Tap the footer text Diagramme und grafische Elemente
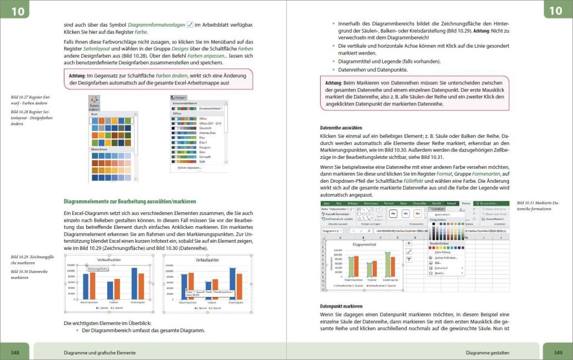pyautogui.click(x=100, y=352)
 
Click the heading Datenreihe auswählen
pyautogui.click(x=341, y=128)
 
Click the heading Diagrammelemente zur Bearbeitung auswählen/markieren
pyautogui.click(x=130, y=201)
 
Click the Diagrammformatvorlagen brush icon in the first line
pyautogui.click(x=190, y=25)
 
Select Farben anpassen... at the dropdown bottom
pyautogui.click(x=190, y=167)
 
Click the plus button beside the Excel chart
pyautogui.click(x=409, y=243)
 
